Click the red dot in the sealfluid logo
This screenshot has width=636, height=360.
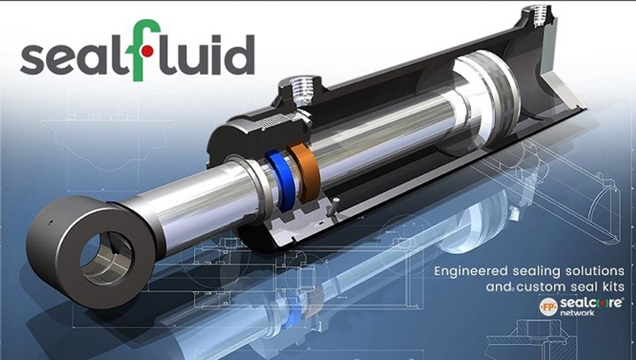tap(148, 50)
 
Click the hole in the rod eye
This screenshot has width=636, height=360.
tap(106, 258)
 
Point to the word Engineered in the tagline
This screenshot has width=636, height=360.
tap(471, 272)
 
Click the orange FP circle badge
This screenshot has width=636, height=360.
tap(549, 307)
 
